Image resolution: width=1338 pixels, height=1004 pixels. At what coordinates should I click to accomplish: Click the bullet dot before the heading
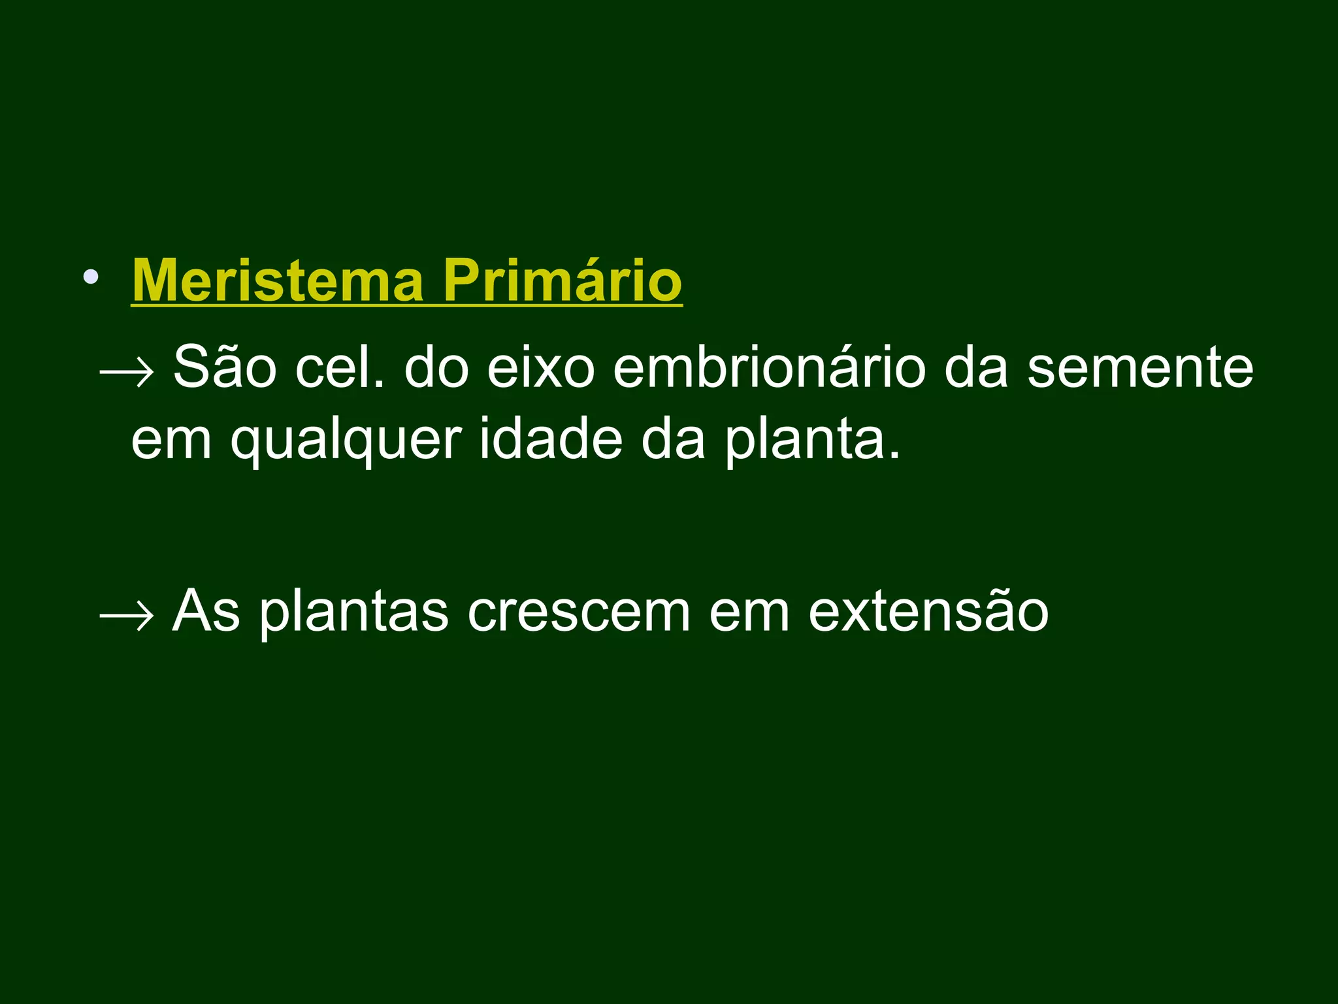(91, 277)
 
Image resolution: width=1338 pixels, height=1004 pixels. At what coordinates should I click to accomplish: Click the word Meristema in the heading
(278, 281)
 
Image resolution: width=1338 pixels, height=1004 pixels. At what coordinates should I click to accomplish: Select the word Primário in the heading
(563, 281)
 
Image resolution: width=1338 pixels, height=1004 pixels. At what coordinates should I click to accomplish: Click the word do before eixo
(436, 367)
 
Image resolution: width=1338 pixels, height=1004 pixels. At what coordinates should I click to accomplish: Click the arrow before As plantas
(126, 615)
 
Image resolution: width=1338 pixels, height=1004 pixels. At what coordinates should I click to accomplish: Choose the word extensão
(928, 611)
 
